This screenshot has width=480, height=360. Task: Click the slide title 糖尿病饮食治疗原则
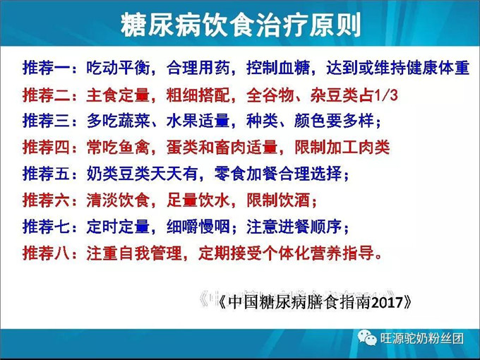(240, 26)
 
